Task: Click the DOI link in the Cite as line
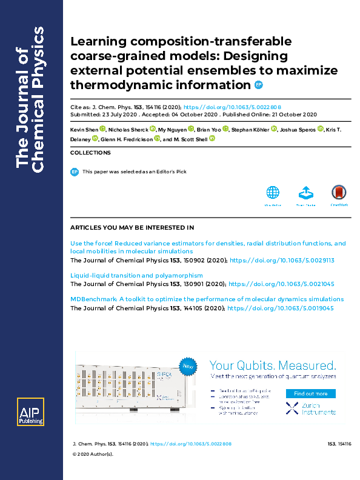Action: pyautogui.click(x=232, y=106)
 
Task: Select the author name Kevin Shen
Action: pyautogui.click(x=84, y=129)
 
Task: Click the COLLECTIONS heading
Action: pyautogui.click(x=90, y=153)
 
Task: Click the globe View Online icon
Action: pyautogui.click(x=273, y=193)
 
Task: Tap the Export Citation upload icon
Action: pyautogui.click(x=305, y=193)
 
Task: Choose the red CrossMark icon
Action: pyautogui.click(x=339, y=193)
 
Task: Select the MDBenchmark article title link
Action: pyautogui.click(x=207, y=299)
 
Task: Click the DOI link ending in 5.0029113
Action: pyautogui.click(x=282, y=259)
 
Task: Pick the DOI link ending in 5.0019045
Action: pyautogui.click(x=282, y=308)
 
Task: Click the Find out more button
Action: pyautogui.click(x=310, y=393)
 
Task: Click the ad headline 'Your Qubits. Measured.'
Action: pyautogui.click(x=272, y=365)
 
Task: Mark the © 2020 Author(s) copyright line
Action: pyautogui.click(x=93, y=453)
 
